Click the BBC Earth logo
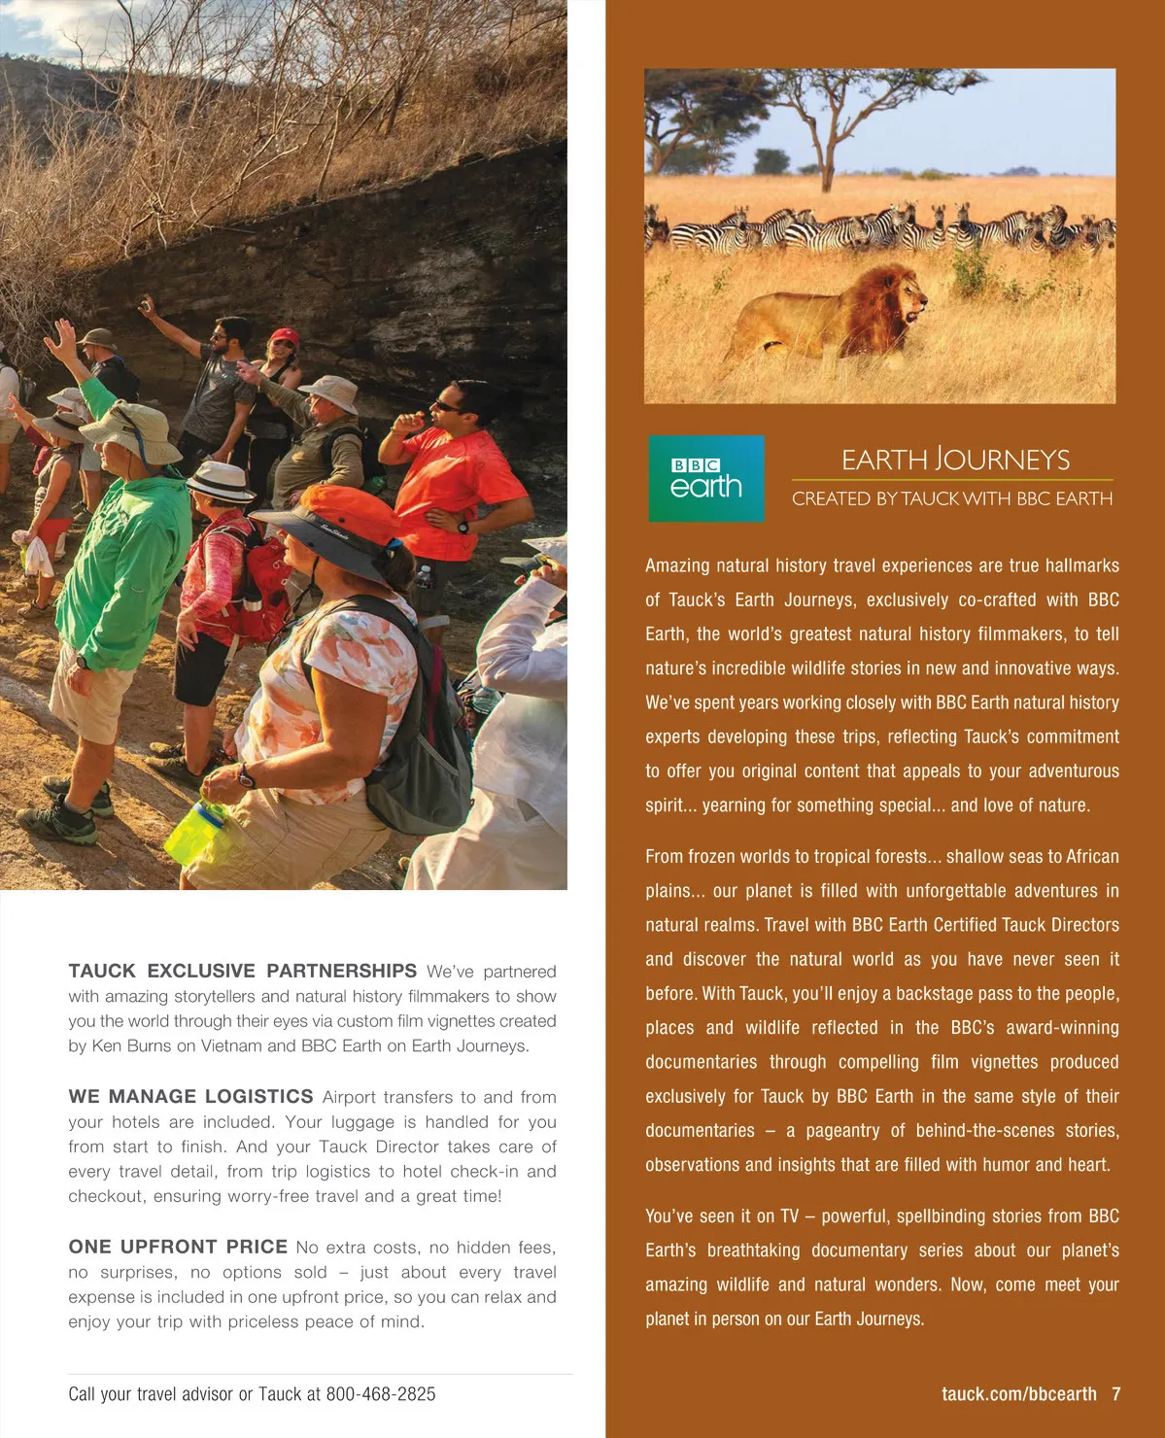tap(706, 478)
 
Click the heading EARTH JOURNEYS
tap(955, 460)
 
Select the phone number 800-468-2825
tap(381, 1394)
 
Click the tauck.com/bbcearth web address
tap(1018, 1394)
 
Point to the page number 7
tap(1116, 1394)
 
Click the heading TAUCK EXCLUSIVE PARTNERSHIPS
tap(242, 971)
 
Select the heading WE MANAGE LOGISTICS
tap(190, 1096)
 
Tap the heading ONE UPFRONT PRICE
tap(178, 1247)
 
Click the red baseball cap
tap(284, 336)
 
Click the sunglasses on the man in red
tap(449, 405)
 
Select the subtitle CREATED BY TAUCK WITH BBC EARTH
tap(952, 498)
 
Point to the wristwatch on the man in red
tap(463, 528)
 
